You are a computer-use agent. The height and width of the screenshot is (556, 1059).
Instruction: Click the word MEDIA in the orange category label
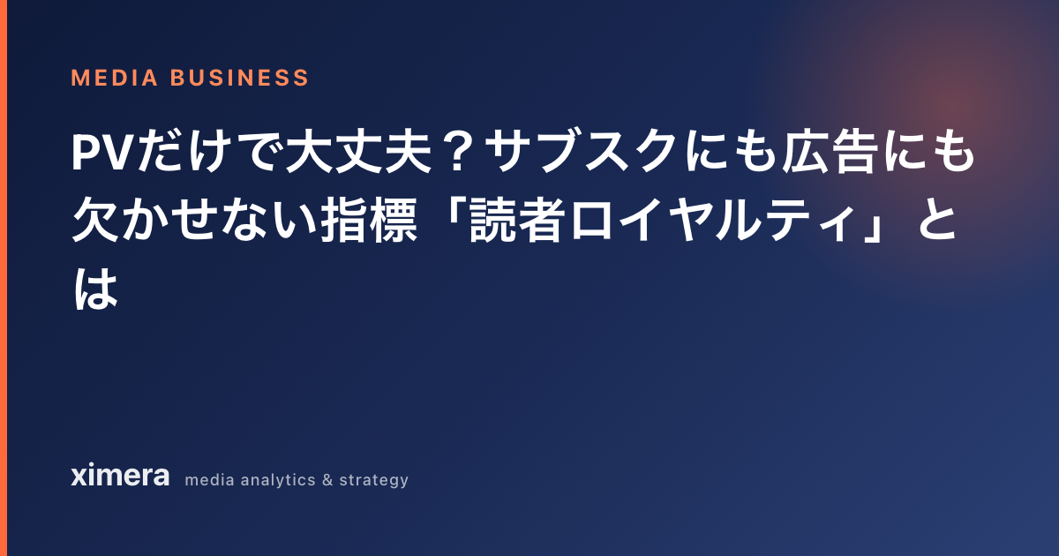[x=114, y=78]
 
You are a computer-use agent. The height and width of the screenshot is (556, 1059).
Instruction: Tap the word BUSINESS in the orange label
[x=239, y=78]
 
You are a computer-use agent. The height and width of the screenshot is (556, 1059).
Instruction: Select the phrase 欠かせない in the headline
[x=194, y=221]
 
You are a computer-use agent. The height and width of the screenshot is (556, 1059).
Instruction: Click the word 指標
[x=369, y=221]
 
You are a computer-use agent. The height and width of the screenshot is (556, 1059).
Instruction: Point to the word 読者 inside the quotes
[x=518, y=221]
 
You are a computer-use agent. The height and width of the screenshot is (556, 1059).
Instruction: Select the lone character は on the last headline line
[x=95, y=289]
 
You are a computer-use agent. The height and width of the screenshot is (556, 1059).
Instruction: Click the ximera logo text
[x=120, y=475]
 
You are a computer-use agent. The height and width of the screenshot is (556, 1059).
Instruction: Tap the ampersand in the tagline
[x=327, y=480]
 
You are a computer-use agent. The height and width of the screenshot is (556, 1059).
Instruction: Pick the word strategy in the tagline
[x=374, y=480]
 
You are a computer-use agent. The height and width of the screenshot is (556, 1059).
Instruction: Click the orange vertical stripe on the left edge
[x=4, y=278]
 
